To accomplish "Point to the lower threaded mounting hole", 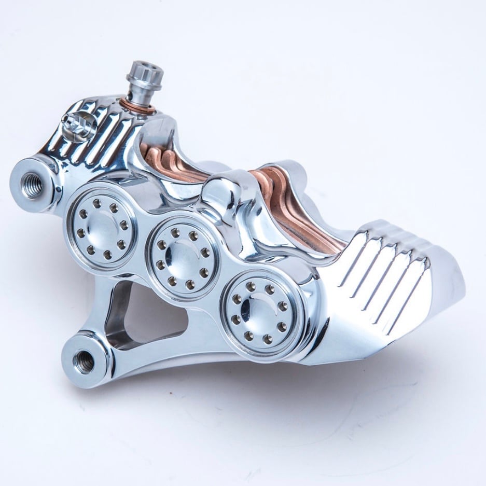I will point(82,359).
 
